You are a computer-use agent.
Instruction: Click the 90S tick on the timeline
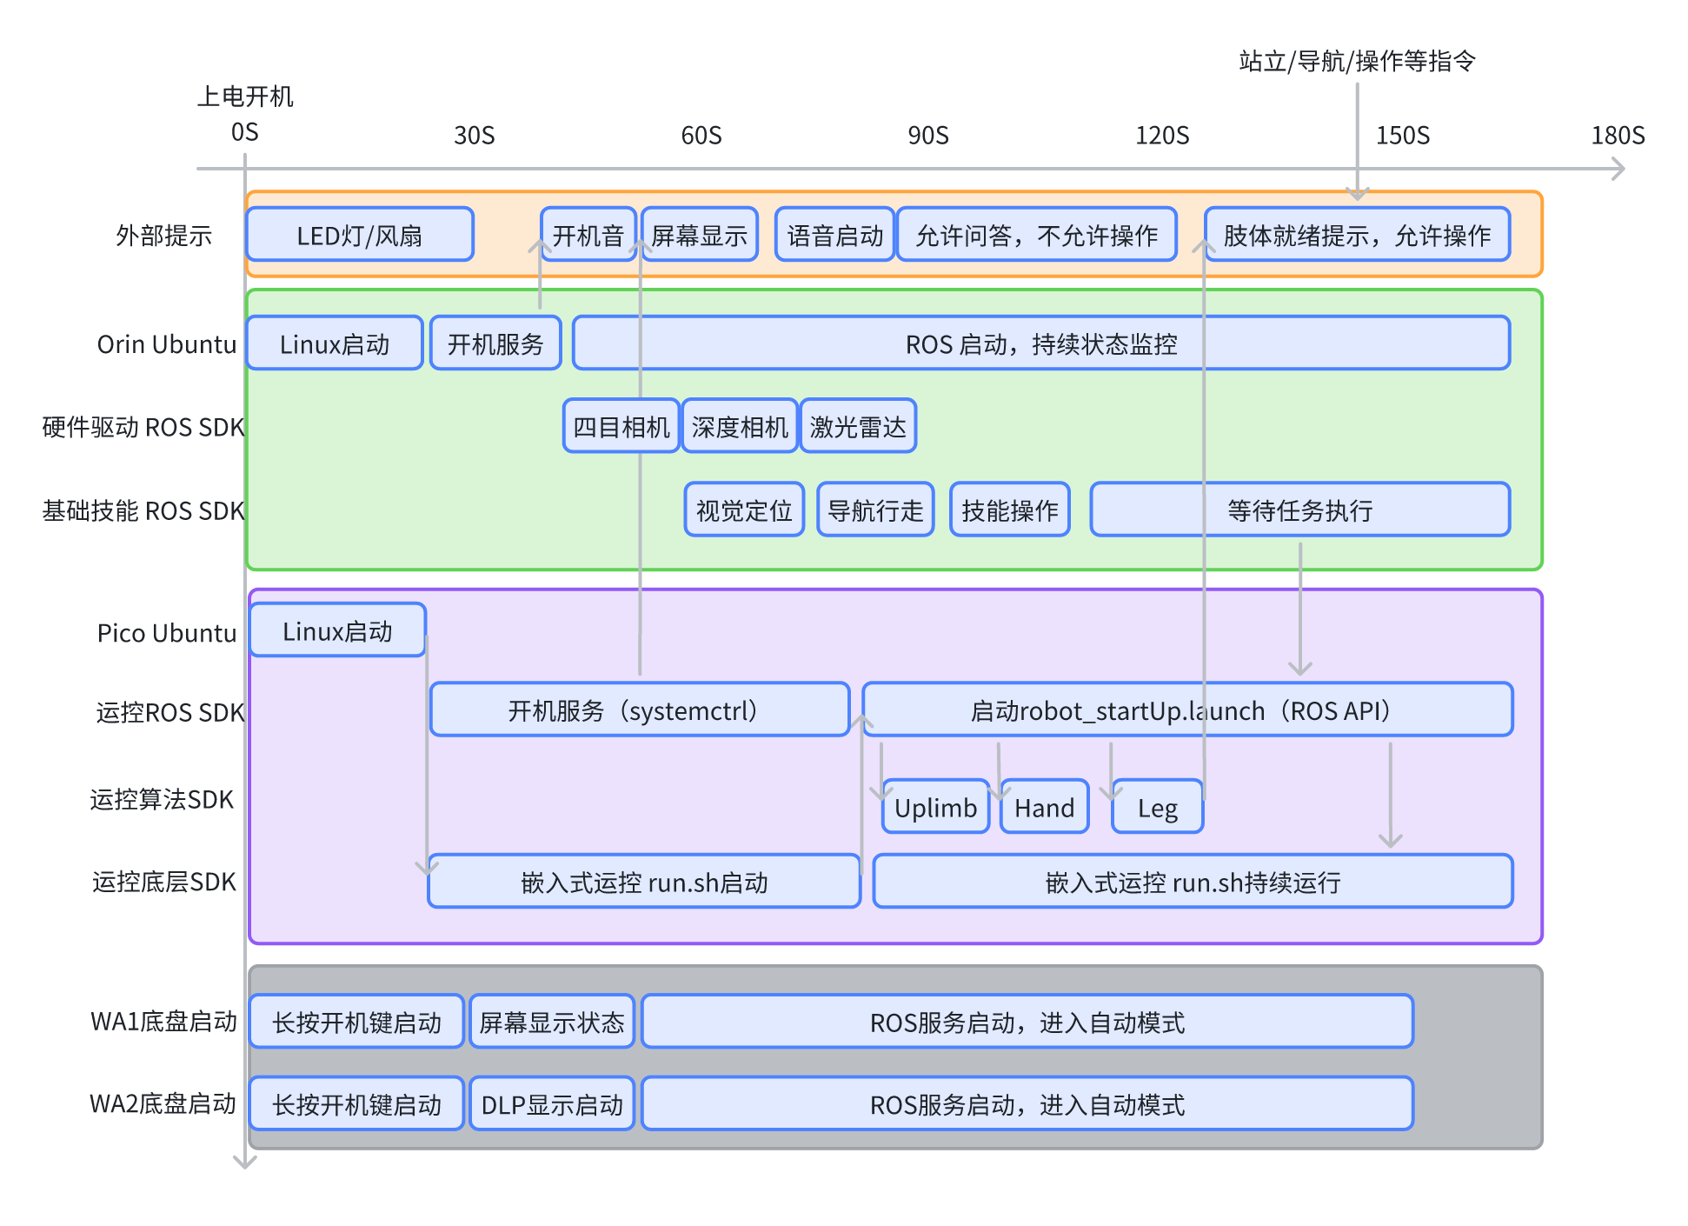click(927, 136)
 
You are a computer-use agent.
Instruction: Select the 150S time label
click(1402, 136)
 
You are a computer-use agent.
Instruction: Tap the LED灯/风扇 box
click(360, 235)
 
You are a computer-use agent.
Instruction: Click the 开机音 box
click(588, 235)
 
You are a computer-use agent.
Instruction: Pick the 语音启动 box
click(834, 235)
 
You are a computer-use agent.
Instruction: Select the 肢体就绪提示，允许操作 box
click(1357, 235)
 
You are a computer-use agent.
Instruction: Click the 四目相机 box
click(621, 426)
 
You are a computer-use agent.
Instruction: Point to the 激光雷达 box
click(858, 426)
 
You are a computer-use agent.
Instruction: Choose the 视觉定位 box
click(744, 510)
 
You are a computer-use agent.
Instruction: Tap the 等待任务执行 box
click(1299, 510)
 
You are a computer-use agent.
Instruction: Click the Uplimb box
click(935, 807)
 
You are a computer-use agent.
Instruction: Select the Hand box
click(1044, 807)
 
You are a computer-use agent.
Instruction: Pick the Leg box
click(1157, 807)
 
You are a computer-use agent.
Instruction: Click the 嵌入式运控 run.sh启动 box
click(644, 882)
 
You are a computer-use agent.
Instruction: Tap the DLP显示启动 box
click(552, 1104)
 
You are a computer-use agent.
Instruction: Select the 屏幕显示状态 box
click(552, 1022)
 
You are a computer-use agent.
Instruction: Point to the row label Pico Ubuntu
click(166, 633)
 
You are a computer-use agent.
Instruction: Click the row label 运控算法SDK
click(162, 799)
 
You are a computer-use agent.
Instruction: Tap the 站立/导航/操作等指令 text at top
click(1357, 61)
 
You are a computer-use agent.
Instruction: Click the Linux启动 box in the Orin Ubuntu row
click(335, 343)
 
